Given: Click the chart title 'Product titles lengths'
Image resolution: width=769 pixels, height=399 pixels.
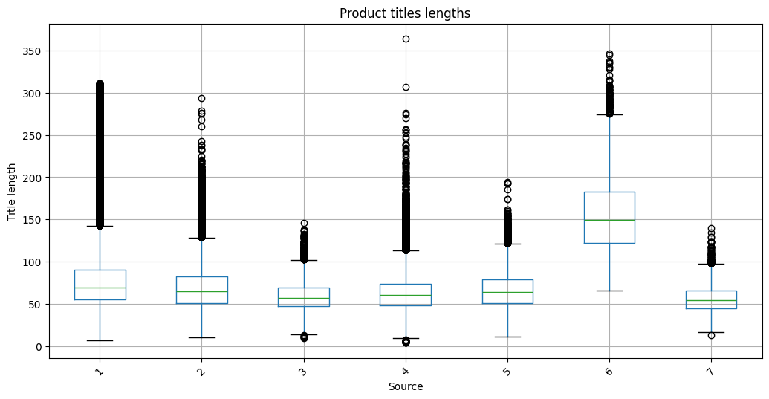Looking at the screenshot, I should [405, 13].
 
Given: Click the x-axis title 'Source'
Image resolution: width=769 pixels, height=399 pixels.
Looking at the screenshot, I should [405, 387].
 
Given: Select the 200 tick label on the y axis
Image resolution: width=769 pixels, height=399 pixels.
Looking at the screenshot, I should [30, 178].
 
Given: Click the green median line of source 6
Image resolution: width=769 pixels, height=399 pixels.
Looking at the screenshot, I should [609, 220].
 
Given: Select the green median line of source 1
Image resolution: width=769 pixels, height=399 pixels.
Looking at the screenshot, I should [100, 288].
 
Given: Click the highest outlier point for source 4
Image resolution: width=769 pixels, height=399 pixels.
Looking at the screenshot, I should [406, 39].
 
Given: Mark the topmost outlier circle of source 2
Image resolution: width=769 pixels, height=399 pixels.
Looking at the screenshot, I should [201, 98].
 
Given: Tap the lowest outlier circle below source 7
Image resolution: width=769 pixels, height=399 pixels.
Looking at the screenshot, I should [711, 335].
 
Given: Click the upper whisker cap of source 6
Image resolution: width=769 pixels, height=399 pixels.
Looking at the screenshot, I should [609, 114].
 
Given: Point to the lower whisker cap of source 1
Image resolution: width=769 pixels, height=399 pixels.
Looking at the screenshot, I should [100, 340].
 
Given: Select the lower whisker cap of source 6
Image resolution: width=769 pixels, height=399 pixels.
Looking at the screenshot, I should [609, 291].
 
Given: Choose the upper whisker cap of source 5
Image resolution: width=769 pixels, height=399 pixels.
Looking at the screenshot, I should [507, 244].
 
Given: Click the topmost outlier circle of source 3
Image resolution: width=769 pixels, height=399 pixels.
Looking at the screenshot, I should [304, 223].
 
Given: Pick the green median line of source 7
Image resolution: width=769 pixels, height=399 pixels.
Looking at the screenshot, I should [711, 300].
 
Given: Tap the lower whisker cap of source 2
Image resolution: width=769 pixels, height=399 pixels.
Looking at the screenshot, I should [201, 337].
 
